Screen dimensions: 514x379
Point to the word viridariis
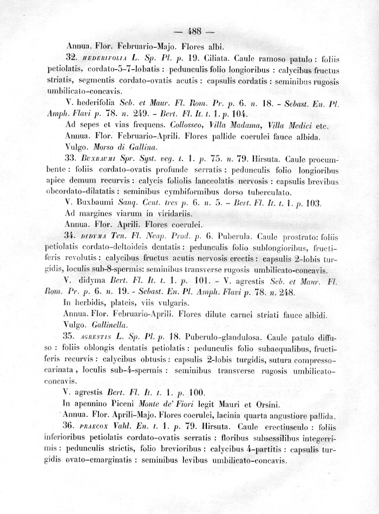click(177, 213)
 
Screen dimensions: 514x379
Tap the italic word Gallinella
click(110, 324)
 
